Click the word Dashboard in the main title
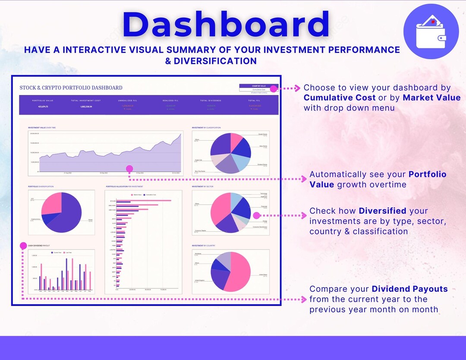(226, 24)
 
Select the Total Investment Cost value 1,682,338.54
(85, 106)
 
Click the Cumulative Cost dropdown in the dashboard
(259, 90)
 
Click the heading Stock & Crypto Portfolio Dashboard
(71, 88)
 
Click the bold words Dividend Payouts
(409, 289)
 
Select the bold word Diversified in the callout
(382, 211)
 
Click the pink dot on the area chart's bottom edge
(129, 169)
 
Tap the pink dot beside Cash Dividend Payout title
(23, 245)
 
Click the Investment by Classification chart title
(206, 128)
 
